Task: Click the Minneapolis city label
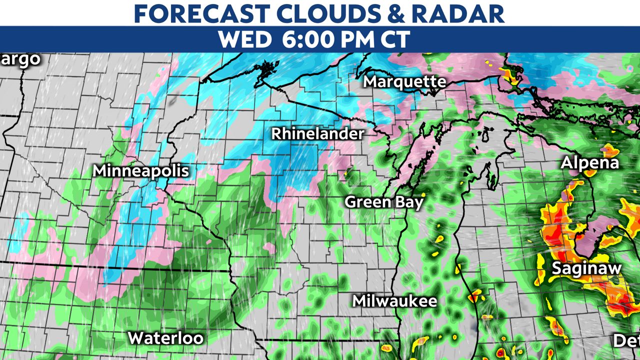pyautogui.click(x=141, y=171)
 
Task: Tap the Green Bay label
pyautogui.click(x=384, y=202)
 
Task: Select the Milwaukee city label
pyautogui.click(x=394, y=301)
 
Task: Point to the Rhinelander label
pyautogui.click(x=317, y=134)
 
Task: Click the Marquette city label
pyautogui.click(x=404, y=81)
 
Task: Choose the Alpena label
pyautogui.click(x=589, y=163)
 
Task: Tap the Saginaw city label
pyautogui.click(x=586, y=268)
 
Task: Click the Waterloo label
pyautogui.click(x=165, y=338)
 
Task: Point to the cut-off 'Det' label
pyautogui.click(x=626, y=341)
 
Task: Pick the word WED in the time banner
pyautogui.click(x=244, y=39)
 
